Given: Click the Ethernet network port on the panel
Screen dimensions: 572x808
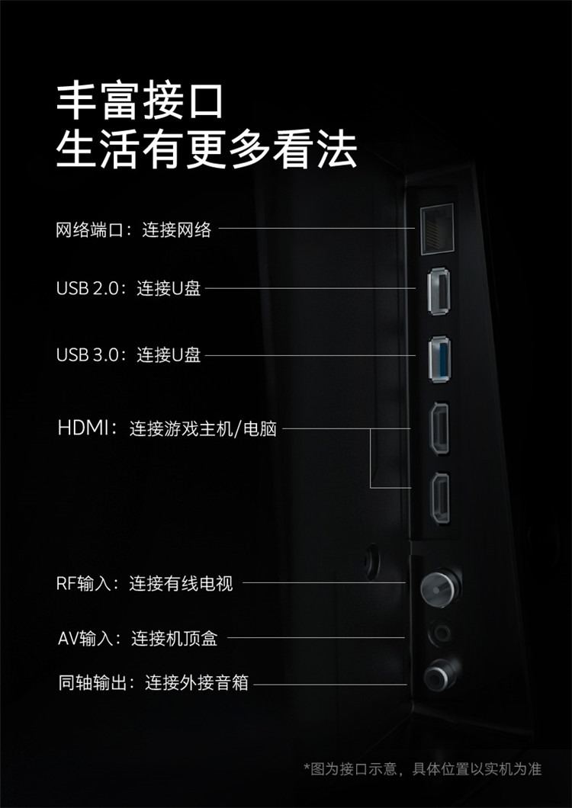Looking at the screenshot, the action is coord(437,229).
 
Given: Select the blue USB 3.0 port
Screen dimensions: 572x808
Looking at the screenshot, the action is coord(439,359).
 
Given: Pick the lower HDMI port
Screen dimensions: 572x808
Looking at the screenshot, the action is coord(439,499).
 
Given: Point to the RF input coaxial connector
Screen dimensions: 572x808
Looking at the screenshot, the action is coord(440,588).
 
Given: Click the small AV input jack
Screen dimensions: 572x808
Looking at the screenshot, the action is coord(441,633).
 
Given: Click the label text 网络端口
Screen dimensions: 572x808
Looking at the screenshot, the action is coord(90,229).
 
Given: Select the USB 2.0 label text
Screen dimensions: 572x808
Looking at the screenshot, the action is coord(87,289).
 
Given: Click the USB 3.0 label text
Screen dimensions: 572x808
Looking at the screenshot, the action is coord(87,355).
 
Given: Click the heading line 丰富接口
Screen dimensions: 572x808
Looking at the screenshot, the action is coord(140,101).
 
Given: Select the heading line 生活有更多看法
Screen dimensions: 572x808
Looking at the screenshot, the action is coord(207,150).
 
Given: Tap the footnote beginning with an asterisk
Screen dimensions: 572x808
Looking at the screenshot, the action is coord(423,769).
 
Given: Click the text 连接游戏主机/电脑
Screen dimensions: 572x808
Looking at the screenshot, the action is coord(203,428).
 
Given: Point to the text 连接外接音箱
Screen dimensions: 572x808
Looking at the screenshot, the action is coord(197,683).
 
